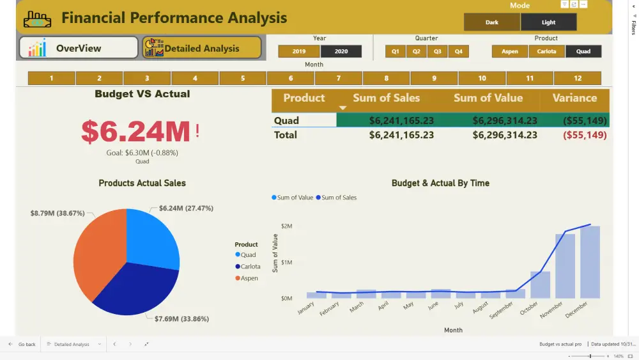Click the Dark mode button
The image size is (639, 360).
click(492, 22)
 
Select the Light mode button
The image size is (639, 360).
click(548, 22)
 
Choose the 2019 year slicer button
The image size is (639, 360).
click(298, 51)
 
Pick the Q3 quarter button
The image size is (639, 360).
click(437, 51)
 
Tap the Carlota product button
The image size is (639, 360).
click(546, 51)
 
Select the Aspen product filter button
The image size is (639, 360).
click(510, 51)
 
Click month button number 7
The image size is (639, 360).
click(339, 79)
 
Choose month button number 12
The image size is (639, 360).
click(578, 79)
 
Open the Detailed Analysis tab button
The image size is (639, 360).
click(202, 48)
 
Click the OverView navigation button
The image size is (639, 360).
click(79, 48)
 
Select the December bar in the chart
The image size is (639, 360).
click(590, 262)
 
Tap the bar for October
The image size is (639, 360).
click(540, 285)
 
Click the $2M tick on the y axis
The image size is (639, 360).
click(286, 226)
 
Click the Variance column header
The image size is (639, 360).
click(574, 98)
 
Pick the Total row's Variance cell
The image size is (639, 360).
click(585, 135)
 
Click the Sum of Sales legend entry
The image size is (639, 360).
click(339, 198)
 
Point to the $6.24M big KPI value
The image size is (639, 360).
click(135, 131)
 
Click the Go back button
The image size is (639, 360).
click(22, 344)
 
